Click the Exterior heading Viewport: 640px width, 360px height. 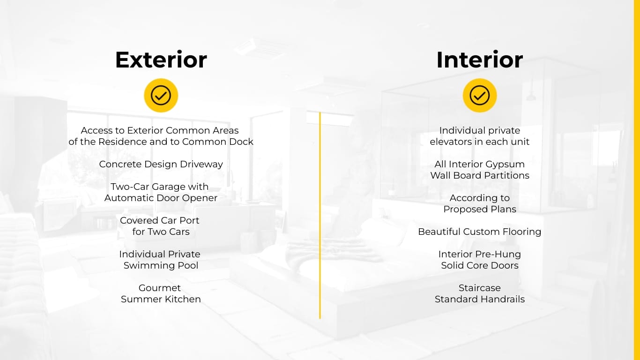pos(161,60)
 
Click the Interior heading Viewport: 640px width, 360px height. pos(479,60)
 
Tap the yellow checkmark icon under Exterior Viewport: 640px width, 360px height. pos(161,95)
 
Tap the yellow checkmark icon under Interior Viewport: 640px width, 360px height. pos(479,95)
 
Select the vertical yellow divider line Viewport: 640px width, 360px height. pos(320,216)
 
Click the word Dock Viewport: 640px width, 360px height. pos(241,142)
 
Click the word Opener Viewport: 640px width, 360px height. pos(200,198)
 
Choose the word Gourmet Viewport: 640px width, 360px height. pos(160,288)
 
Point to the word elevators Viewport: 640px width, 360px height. pos(450,142)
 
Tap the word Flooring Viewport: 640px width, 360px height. pos(522,232)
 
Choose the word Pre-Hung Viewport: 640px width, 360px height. pos(498,254)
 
